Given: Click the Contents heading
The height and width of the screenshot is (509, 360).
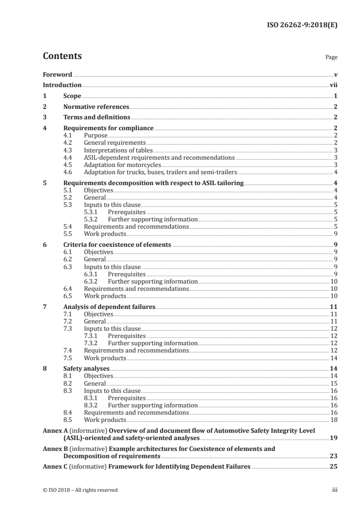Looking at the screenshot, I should click(x=62, y=57).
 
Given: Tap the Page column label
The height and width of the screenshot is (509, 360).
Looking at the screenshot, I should click(x=331, y=58).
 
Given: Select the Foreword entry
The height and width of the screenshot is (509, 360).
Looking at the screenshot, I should click(x=57, y=74).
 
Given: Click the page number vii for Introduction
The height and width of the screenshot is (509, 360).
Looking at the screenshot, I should click(x=333, y=85).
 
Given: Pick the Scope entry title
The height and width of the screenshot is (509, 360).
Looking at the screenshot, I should click(x=72, y=96).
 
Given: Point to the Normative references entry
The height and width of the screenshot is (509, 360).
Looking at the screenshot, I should click(x=96, y=107).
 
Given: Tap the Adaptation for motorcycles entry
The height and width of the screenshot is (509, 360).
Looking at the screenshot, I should click(x=116, y=165).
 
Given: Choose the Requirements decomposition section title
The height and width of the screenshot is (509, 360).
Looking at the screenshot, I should click(x=153, y=183).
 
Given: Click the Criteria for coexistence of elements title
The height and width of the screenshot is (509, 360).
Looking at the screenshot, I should click(x=117, y=245).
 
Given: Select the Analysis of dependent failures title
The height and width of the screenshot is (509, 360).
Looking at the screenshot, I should click(x=109, y=307).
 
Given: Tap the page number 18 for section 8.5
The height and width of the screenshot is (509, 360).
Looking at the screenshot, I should click(x=334, y=420).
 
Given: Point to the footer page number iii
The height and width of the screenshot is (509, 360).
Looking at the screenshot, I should click(x=335, y=490).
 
